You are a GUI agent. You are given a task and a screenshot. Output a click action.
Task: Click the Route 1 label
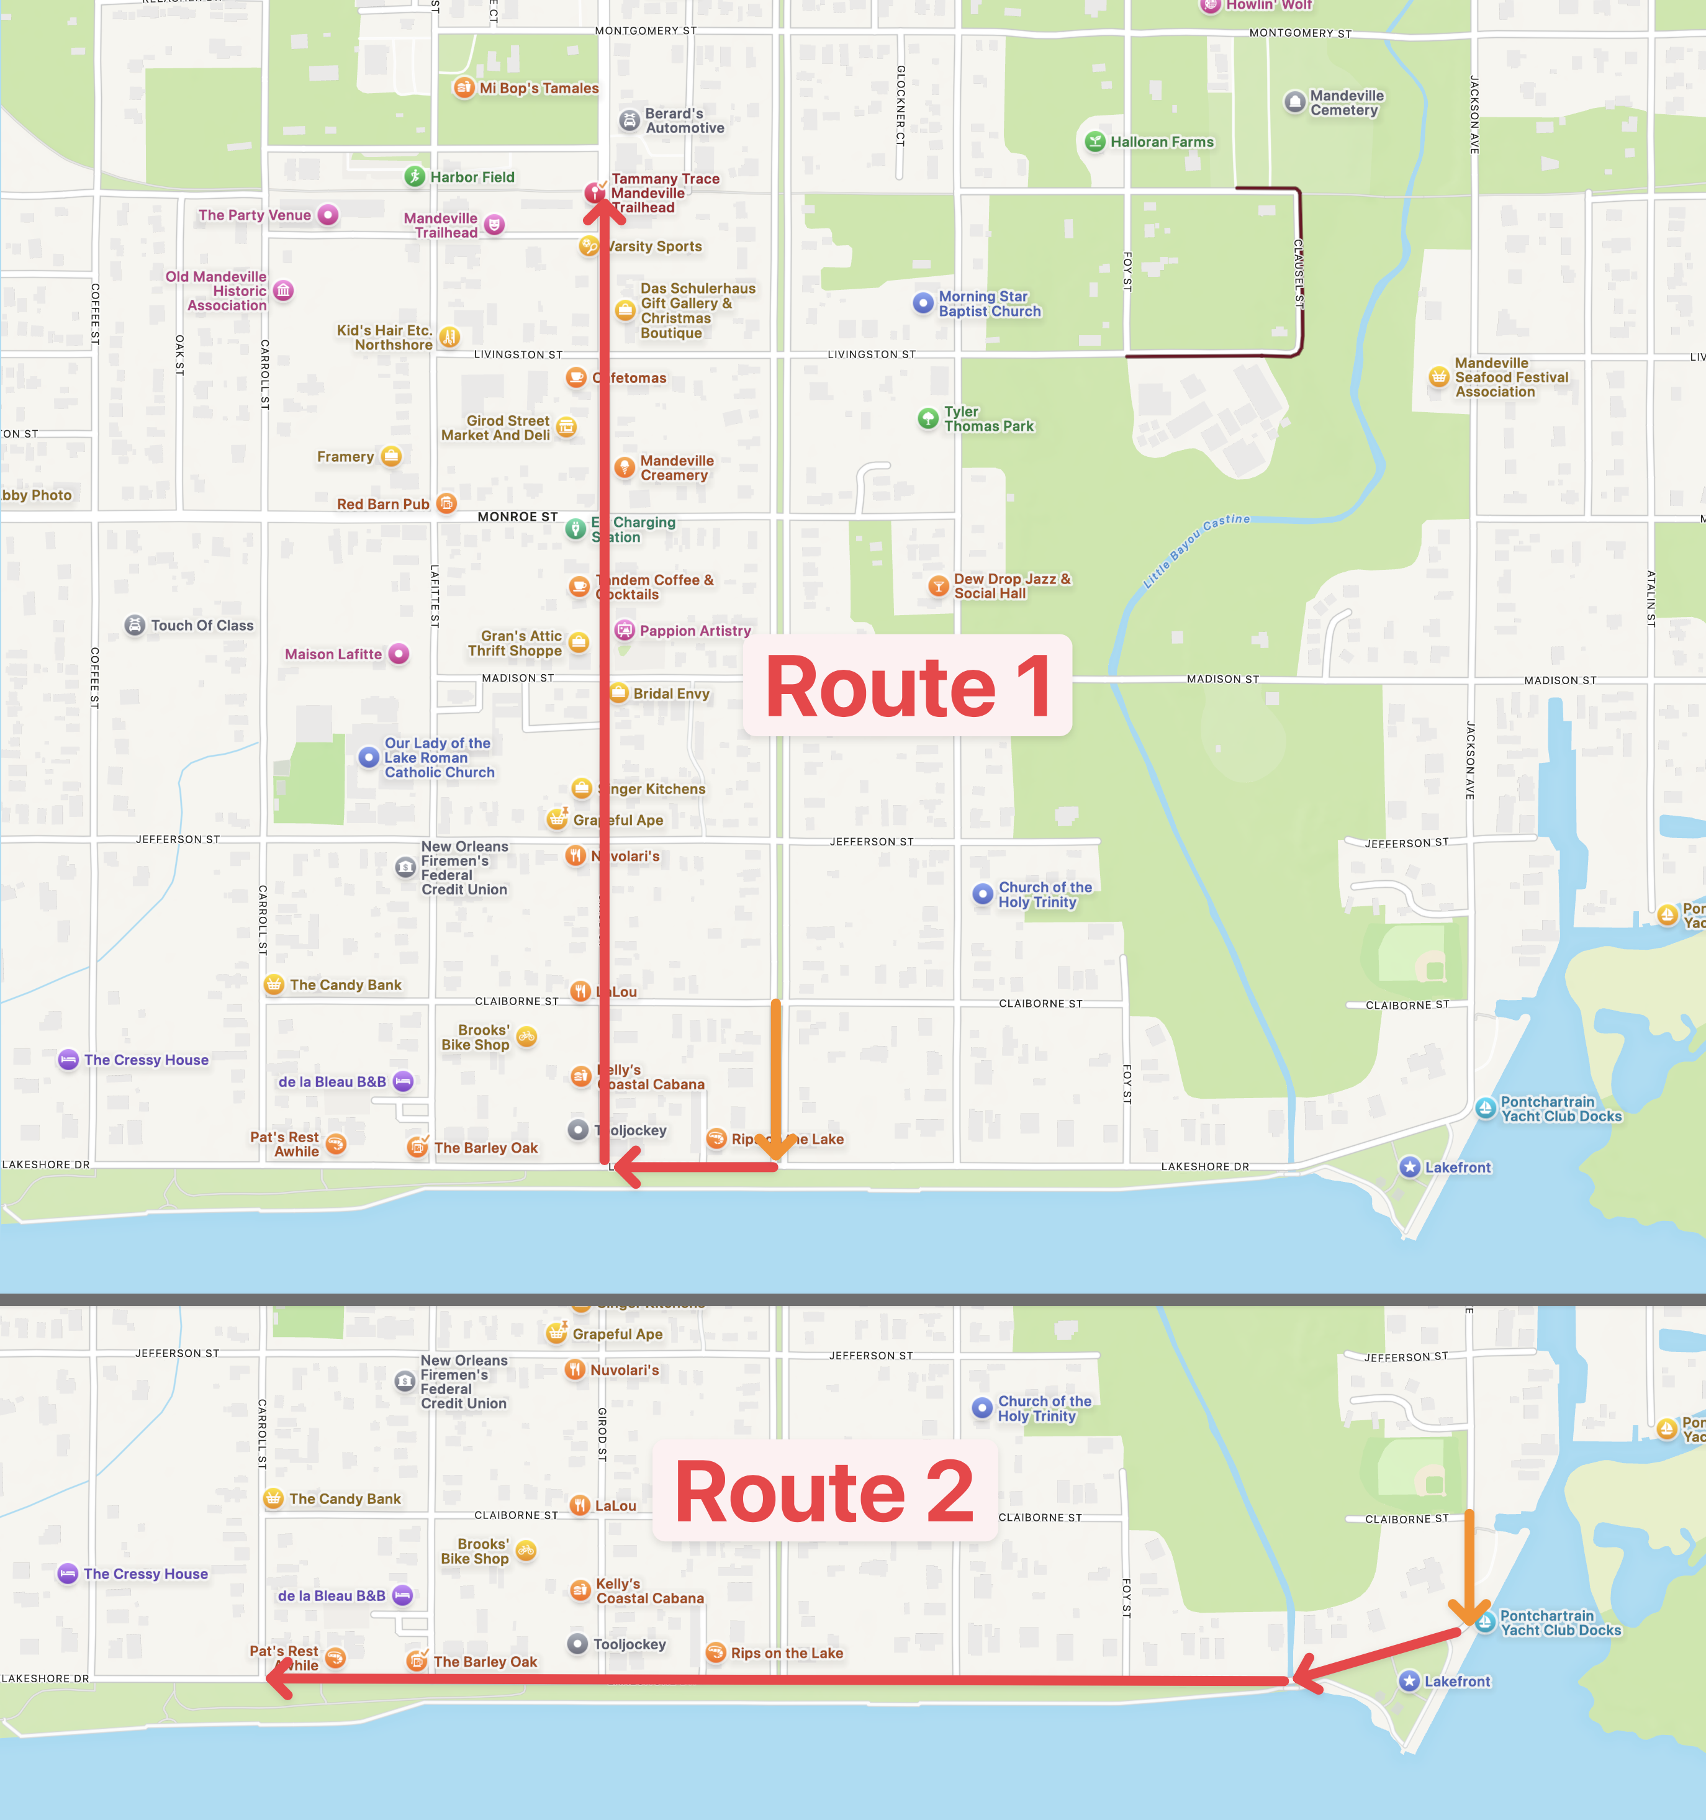(x=906, y=686)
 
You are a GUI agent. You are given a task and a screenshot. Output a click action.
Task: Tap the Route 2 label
(x=824, y=1492)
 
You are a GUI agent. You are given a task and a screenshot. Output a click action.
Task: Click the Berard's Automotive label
(x=684, y=121)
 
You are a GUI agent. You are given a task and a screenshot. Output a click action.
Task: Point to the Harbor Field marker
(x=415, y=177)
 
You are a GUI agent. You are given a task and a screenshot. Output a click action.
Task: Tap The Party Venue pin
(x=328, y=215)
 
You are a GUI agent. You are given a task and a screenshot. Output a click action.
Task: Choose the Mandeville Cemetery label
(x=1346, y=102)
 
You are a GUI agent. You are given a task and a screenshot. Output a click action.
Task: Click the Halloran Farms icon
(x=1094, y=142)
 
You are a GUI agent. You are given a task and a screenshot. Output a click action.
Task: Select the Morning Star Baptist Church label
(x=989, y=304)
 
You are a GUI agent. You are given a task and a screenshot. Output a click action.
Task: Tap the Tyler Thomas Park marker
(x=927, y=418)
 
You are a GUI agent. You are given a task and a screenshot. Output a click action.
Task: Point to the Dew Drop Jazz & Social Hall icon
(x=937, y=586)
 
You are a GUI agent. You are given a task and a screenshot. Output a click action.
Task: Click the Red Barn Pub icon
(x=446, y=503)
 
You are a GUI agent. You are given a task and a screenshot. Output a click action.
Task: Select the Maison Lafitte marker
(x=399, y=654)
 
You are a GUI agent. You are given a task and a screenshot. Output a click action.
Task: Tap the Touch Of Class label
(x=202, y=625)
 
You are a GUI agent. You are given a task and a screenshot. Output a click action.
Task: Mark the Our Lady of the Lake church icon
(x=368, y=757)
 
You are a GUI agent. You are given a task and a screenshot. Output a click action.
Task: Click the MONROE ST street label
(x=517, y=517)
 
